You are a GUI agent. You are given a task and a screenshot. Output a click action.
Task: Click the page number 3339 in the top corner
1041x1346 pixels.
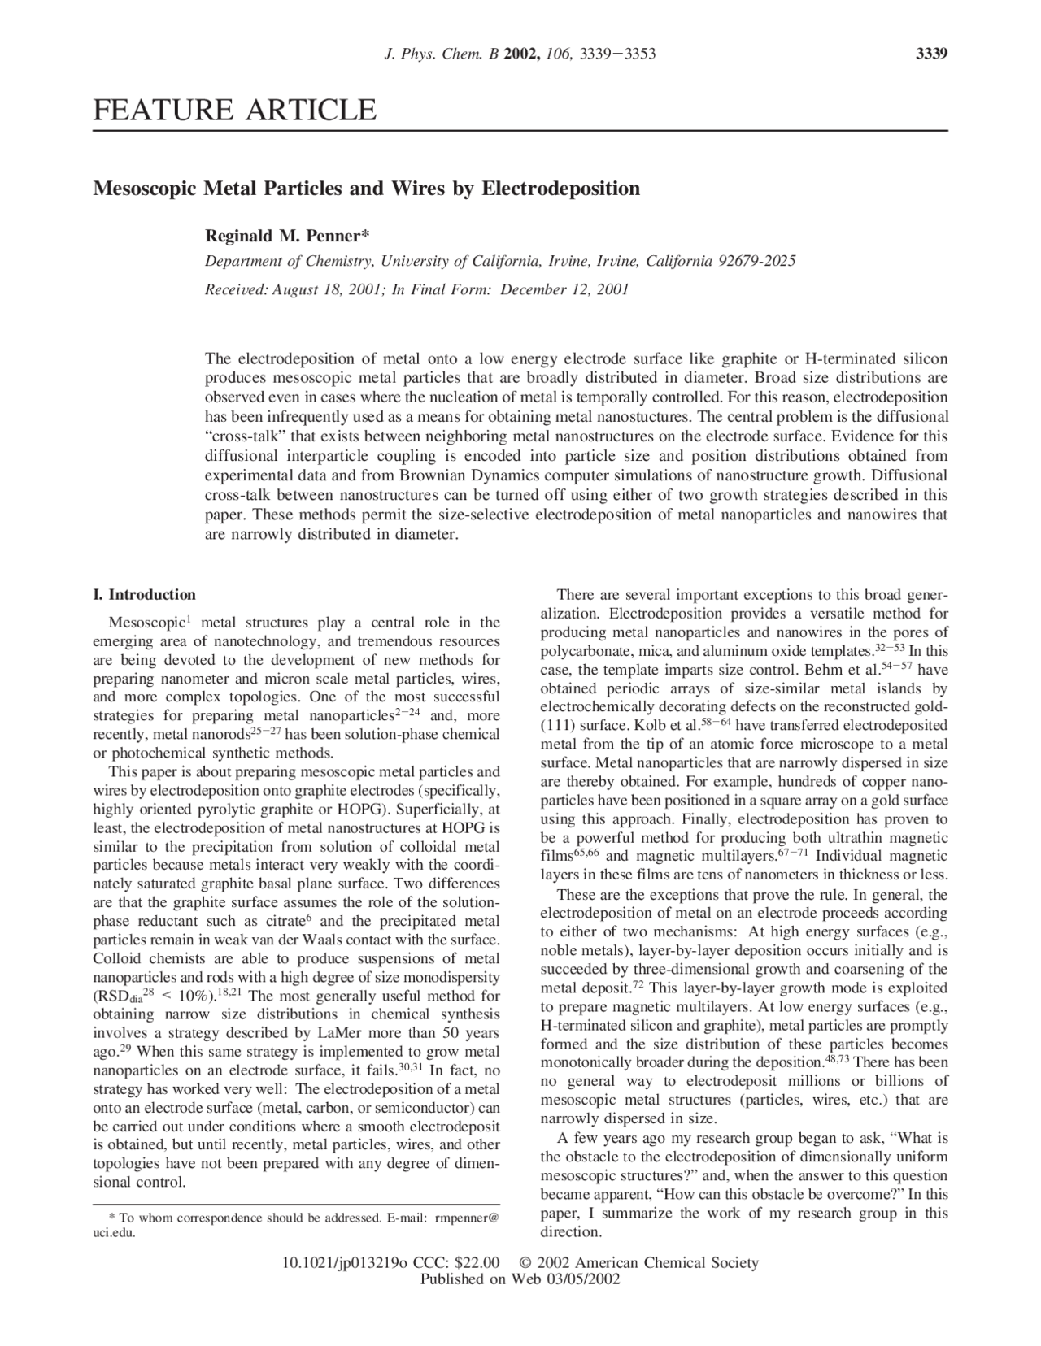click(x=932, y=54)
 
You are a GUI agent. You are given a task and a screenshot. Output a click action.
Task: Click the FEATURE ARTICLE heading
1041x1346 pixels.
click(x=235, y=110)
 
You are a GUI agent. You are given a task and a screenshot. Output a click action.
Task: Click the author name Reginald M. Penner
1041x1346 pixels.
click(x=286, y=237)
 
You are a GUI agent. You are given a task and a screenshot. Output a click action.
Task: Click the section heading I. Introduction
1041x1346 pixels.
click(x=145, y=594)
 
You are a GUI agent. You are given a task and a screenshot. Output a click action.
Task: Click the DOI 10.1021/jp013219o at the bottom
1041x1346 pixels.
click(x=345, y=1263)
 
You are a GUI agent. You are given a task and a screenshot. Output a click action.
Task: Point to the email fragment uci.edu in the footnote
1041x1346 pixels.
click(x=115, y=1232)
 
